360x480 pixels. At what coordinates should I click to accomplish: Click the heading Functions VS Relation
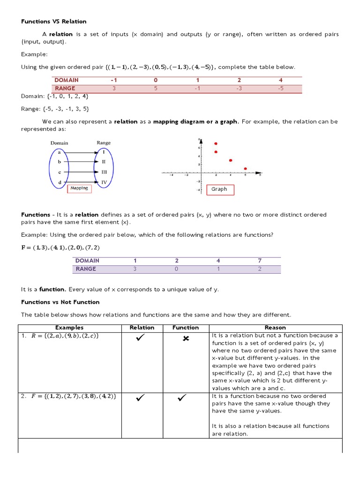click(53, 22)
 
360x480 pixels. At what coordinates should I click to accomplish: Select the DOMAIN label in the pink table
click(67, 80)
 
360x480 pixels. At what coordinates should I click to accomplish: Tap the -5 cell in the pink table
click(280, 88)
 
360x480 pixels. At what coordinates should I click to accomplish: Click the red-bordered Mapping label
click(79, 188)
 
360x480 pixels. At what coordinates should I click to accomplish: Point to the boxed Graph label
click(219, 189)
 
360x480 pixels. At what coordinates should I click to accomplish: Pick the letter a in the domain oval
click(59, 152)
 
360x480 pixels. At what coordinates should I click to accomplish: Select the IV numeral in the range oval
click(104, 182)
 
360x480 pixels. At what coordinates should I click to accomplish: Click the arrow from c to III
click(82, 172)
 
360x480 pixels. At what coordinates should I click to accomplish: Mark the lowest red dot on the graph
click(245, 169)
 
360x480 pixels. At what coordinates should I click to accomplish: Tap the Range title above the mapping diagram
click(104, 142)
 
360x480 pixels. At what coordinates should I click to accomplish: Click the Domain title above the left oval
click(59, 142)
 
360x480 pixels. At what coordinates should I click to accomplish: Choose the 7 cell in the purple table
click(259, 261)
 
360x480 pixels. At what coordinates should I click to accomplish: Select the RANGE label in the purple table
click(85, 269)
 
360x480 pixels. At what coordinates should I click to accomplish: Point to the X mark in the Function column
click(186, 339)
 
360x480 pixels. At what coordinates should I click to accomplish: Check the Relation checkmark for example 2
click(140, 398)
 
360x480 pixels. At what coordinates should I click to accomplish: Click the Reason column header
click(275, 328)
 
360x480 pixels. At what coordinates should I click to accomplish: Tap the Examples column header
click(69, 328)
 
